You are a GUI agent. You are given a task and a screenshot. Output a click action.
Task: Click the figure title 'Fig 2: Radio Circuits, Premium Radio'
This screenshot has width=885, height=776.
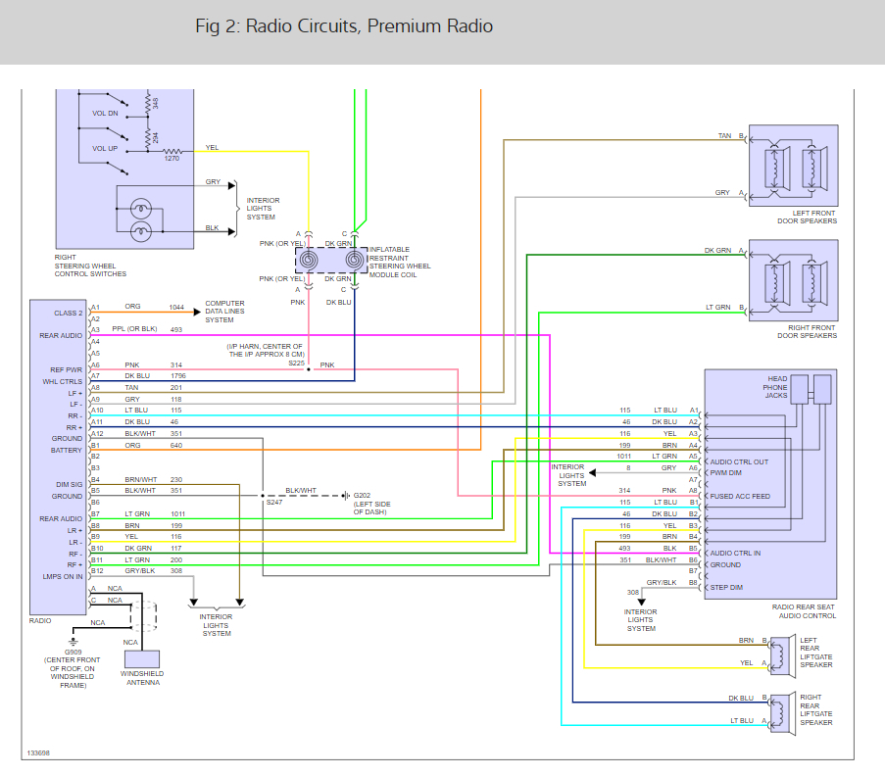pos(344,26)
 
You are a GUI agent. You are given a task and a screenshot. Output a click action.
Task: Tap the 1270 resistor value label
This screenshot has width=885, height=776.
pos(172,158)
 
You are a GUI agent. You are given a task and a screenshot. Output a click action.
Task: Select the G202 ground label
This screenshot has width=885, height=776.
pos(364,496)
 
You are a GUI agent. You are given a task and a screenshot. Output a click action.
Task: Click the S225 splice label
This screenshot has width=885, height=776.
pos(296,363)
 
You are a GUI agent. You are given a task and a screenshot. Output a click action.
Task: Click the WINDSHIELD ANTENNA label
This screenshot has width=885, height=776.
pos(142,678)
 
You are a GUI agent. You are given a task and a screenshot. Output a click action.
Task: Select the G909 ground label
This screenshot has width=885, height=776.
pos(74,652)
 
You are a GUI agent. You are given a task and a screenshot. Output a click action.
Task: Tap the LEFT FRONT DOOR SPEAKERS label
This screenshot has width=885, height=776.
pos(802,217)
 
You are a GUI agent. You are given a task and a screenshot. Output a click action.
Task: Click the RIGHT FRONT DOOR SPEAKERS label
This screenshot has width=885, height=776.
pos(802,331)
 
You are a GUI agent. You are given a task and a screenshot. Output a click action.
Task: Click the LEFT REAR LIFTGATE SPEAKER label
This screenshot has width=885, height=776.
pos(816,653)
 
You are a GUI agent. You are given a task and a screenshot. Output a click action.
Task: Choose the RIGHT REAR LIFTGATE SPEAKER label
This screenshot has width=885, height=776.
pos(816,710)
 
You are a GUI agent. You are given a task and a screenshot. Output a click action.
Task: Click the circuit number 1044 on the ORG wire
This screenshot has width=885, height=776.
pos(176,307)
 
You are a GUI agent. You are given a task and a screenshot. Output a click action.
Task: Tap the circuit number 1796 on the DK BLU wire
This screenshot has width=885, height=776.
pos(176,375)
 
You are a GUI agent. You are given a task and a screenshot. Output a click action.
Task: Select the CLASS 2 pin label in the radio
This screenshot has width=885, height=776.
pos(68,313)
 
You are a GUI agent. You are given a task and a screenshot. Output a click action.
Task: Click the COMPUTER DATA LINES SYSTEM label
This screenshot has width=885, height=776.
pos(225,312)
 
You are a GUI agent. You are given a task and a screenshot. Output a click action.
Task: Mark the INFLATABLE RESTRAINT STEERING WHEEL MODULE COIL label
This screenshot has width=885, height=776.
pos(400,262)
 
